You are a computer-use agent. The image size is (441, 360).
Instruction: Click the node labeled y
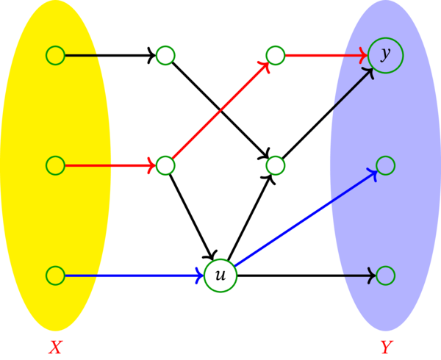click(x=386, y=55)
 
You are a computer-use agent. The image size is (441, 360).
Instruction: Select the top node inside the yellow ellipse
click(x=55, y=55)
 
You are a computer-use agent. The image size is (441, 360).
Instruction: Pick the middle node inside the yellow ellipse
click(x=55, y=165)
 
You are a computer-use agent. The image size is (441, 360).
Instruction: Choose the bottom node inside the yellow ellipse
click(x=55, y=276)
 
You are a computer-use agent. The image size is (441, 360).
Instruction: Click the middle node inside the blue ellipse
click(x=386, y=165)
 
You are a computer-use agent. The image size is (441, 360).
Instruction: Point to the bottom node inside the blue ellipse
click(x=386, y=276)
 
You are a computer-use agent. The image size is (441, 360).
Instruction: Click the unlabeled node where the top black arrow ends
click(x=165, y=55)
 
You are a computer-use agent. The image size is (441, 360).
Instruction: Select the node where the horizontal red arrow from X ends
click(x=165, y=165)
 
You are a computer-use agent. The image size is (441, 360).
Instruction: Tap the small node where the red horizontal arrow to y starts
click(x=276, y=55)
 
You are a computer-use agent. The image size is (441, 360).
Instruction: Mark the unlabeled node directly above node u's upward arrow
click(x=276, y=165)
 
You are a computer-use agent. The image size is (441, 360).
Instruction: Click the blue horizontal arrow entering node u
click(x=132, y=276)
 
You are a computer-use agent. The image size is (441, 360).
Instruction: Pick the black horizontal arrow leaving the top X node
click(x=110, y=55)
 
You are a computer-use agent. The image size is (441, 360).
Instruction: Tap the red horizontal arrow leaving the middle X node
click(x=110, y=165)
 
